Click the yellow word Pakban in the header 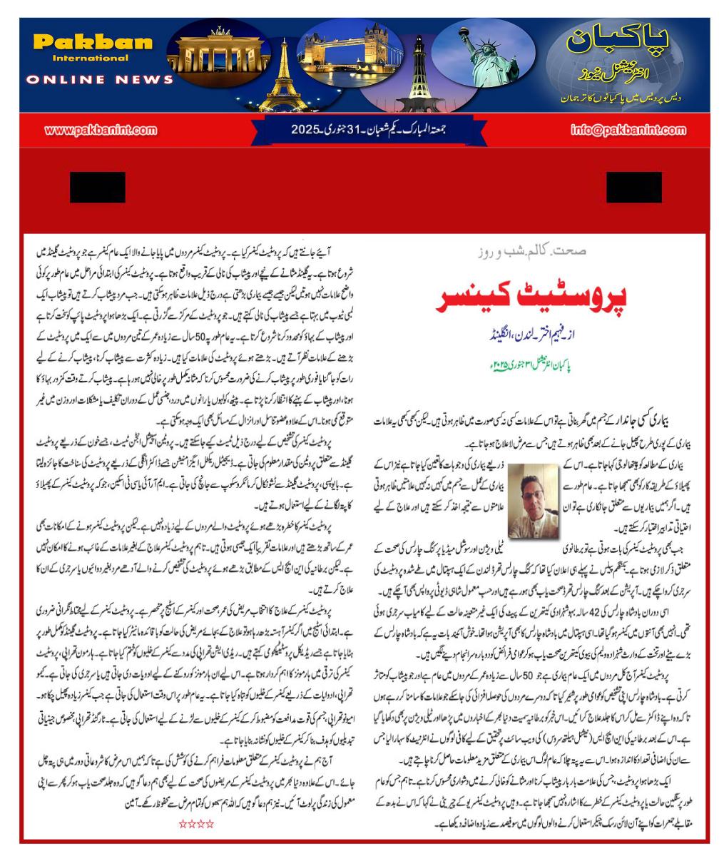tap(93, 42)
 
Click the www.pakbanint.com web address tap(101, 131)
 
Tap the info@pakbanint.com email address tap(625, 131)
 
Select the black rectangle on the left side tap(98, 187)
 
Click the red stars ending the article tap(196, 825)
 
